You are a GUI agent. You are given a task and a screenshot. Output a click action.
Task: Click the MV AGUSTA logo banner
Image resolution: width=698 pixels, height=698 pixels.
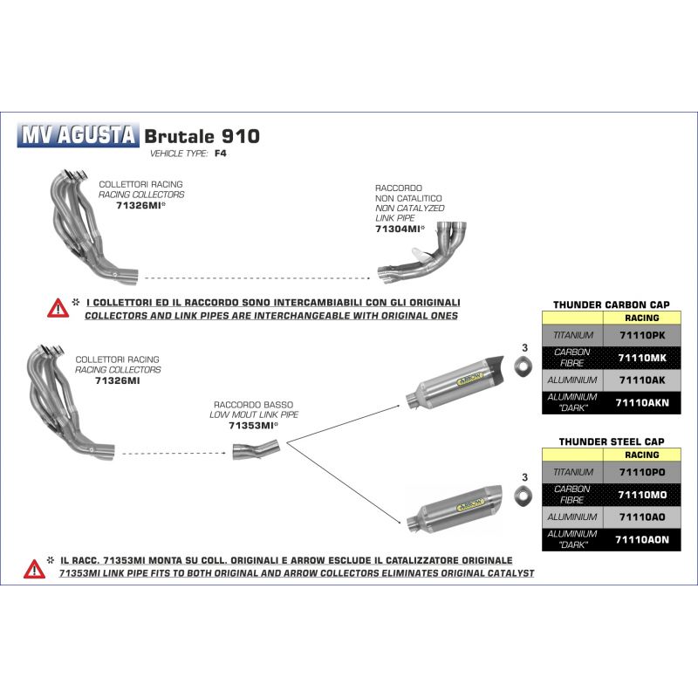pos(79,136)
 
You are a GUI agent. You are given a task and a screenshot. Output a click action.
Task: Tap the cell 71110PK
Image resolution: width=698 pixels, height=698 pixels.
pos(642,335)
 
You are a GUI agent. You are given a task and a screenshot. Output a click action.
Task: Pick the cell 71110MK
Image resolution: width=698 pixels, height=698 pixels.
pos(642,358)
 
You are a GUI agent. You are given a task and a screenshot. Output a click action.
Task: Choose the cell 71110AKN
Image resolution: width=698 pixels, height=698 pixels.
pos(642,402)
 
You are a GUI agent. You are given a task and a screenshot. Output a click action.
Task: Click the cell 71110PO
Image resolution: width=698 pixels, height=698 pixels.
pos(642,471)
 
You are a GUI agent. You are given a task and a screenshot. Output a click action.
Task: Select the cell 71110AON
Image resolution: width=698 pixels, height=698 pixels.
pos(642,539)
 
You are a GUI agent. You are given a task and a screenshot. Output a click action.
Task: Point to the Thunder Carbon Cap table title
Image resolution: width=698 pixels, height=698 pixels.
pos(616,305)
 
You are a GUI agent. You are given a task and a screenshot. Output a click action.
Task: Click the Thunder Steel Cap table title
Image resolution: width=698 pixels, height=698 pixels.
pos(616,442)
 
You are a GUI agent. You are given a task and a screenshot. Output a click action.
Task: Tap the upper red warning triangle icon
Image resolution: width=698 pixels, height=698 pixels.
pos(58,308)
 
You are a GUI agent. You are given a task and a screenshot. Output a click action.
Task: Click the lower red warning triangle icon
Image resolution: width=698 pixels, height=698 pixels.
pos(36,568)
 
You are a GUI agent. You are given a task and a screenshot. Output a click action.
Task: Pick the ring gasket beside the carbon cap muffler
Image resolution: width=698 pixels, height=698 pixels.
pos(523,371)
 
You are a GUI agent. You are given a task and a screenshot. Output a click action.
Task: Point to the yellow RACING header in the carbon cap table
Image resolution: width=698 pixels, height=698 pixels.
pos(642,319)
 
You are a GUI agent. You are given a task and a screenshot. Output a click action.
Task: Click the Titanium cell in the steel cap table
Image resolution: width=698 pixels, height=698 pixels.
pos(573,471)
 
